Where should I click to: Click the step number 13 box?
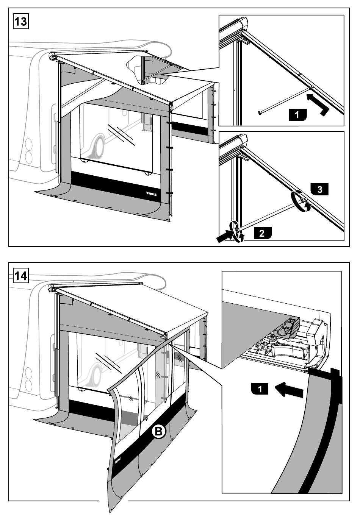(x=20, y=21)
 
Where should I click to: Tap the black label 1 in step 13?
(x=297, y=114)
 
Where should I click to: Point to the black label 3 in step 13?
(x=319, y=189)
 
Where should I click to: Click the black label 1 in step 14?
(x=260, y=388)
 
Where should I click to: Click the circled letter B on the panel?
(x=159, y=431)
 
